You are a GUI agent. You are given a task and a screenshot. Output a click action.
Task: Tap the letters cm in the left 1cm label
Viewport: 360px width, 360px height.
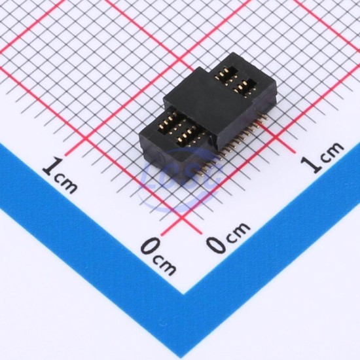66,184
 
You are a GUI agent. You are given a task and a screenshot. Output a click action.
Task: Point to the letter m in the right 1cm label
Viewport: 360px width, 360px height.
334,149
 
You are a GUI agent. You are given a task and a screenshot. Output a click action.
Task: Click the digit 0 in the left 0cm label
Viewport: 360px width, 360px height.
152,246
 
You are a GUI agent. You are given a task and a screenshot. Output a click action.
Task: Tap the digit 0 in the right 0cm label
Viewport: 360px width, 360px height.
217,245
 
